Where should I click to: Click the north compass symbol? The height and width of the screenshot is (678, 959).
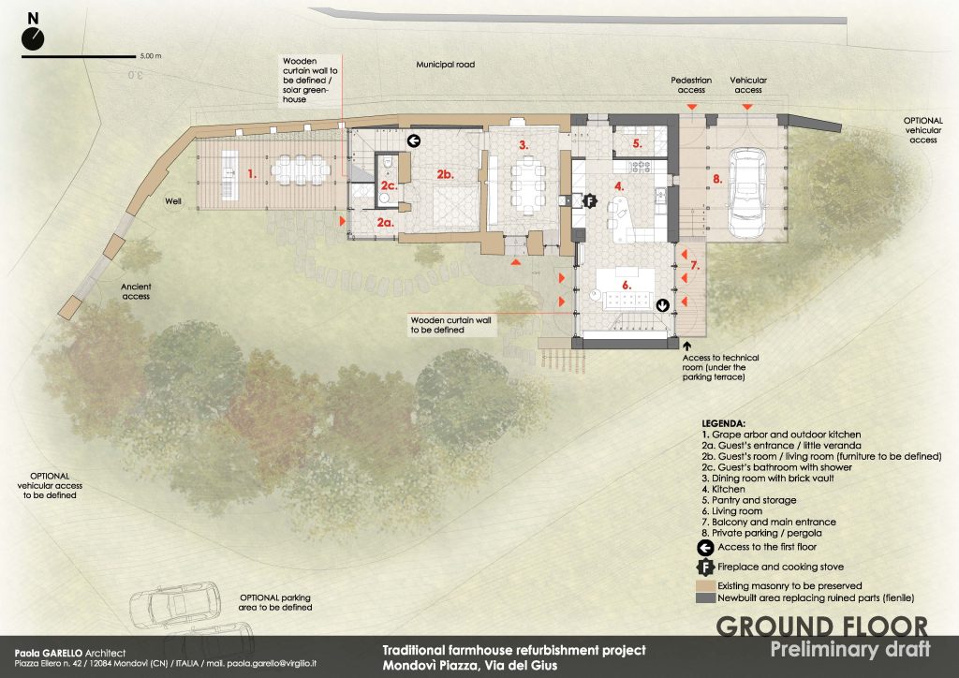33,38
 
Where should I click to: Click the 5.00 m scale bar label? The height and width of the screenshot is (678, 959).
151,56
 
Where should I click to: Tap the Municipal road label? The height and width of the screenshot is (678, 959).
445,65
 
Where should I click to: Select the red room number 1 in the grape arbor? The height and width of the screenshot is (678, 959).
252,173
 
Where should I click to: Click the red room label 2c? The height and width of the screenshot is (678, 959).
389,185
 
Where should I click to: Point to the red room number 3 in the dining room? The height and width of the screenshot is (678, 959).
524,145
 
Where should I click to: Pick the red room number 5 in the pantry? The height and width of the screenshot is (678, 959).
637,143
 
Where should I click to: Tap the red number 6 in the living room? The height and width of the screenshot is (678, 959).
627,285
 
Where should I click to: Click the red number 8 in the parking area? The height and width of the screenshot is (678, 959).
717,179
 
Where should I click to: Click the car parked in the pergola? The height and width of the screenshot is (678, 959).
746,192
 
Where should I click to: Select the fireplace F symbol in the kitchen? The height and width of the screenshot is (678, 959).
589,200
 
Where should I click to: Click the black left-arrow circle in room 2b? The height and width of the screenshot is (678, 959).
414,141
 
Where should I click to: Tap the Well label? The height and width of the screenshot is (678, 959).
173,200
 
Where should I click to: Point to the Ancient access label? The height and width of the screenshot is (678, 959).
136,291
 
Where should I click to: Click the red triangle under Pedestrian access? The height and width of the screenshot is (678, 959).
691,107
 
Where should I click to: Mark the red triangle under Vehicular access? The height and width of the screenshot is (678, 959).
747,107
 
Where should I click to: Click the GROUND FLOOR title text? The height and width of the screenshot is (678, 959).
821,626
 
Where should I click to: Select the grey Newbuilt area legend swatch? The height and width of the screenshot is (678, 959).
706,597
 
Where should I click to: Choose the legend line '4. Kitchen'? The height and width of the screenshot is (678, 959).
724,489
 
